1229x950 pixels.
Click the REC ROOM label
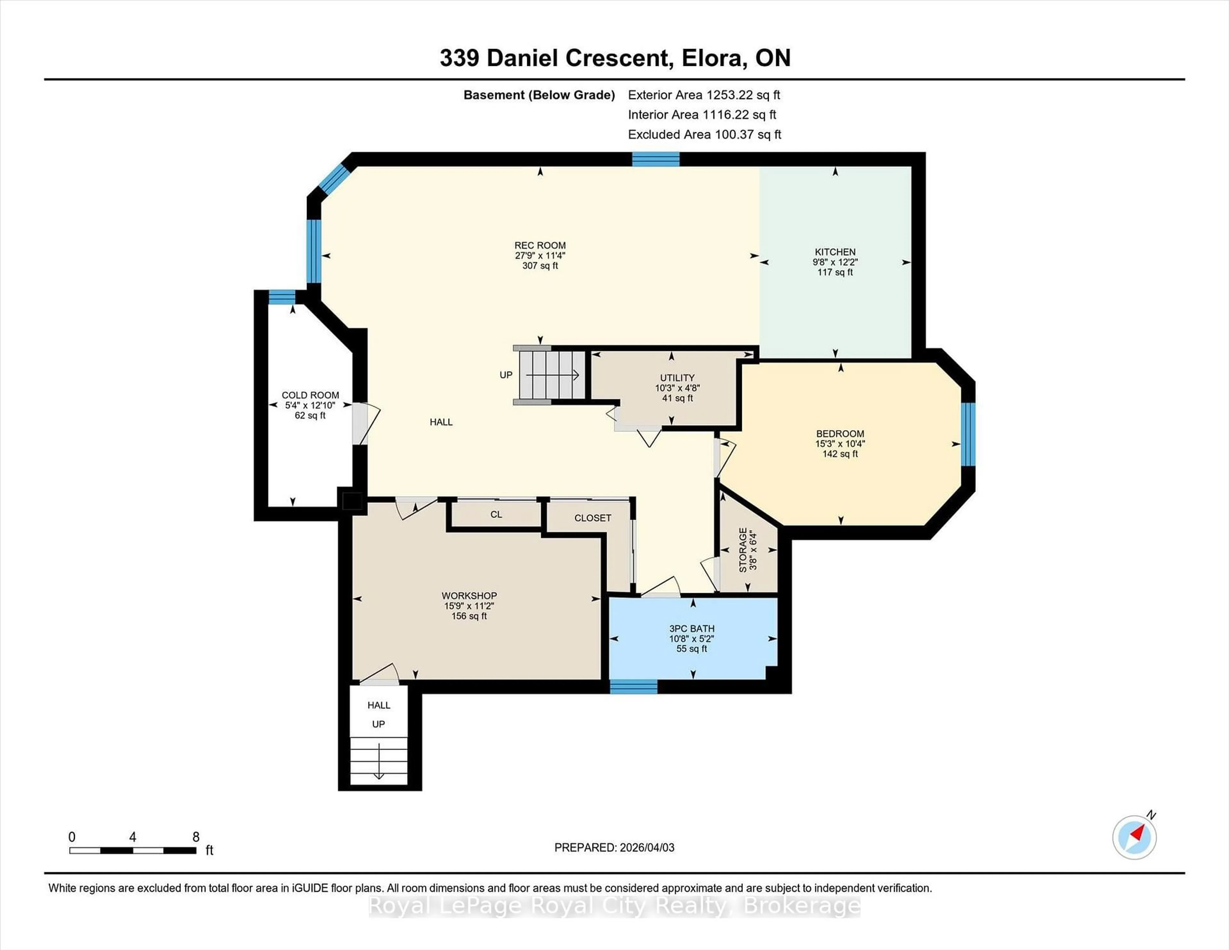tap(540, 246)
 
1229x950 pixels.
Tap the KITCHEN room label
tap(835, 252)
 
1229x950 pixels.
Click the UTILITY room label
tap(677, 378)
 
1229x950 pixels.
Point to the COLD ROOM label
tap(310, 395)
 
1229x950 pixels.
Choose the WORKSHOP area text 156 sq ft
tap(469, 616)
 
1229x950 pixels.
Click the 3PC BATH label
tap(692, 629)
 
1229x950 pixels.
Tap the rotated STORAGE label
tap(743, 550)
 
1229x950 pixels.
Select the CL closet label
tap(496, 514)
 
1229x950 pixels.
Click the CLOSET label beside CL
tap(592, 518)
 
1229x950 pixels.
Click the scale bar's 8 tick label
tap(196, 837)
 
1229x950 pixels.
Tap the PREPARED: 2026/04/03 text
tap(614, 848)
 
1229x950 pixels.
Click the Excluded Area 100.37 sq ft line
tap(704, 134)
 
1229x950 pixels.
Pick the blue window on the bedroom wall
tap(967, 434)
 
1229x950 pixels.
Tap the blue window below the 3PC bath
tap(634, 687)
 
